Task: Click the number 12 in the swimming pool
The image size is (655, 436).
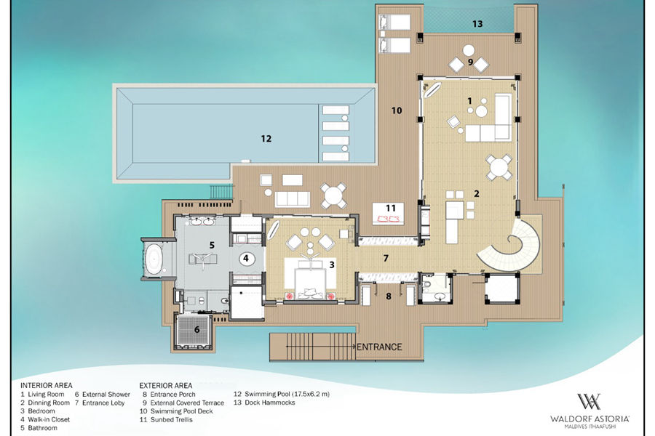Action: pyautogui.click(x=266, y=139)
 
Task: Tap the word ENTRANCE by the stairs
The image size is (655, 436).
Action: pyautogui.click(x=379, y=347)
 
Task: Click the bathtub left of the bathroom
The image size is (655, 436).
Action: pyautogui.click(x=154, y=259)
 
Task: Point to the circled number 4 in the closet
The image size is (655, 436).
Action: pyautogui.click(x=246, y=259)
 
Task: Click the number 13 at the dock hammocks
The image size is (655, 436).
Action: pyautogui.click(x=477, y=24)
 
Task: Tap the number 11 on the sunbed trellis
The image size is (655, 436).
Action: pyautogui.click(x=391, y=208)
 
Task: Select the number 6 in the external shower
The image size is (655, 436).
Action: pyautogui.click(x=196, y=330)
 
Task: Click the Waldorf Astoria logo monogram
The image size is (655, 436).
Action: pyautogui.click(x=589, y=401)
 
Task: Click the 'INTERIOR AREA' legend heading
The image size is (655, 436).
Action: pyautogui.click(x=47, y=386)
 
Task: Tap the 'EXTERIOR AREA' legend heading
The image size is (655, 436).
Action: pyautogui.click(x=166, y=386)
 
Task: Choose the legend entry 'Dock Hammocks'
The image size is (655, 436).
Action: pyautogui.click(x=270, y=403)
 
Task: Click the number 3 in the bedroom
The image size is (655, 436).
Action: pyautogui.click(x=332, y=265)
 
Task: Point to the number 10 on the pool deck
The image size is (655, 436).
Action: pyautogui.click(x=397, y=110)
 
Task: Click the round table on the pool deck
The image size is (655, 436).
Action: pyautogui.click(x=333, y=195)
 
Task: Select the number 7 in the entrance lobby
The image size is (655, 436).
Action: pyautogui.click(x=386, y=258)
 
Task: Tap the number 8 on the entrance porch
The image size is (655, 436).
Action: pyautogui.click(x=389, y=296)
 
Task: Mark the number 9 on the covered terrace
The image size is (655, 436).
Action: pyautogui.click(x=470, y=62)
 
